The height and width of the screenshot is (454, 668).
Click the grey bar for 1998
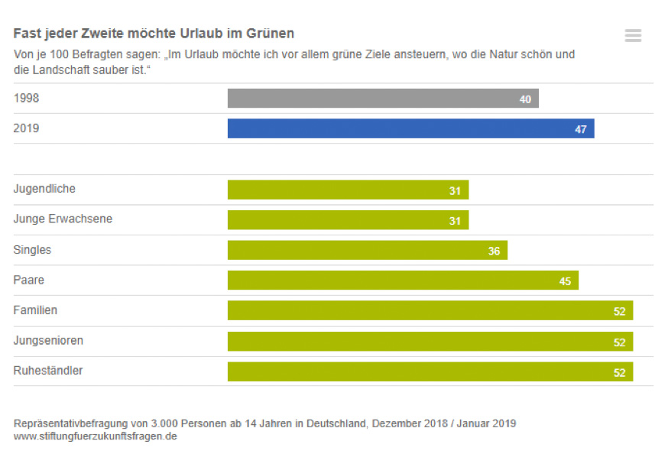(382, 99)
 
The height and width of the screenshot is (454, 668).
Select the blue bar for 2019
(410, 128)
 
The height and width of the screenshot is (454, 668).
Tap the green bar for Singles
(367, 250)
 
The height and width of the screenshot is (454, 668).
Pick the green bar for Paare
(402, 281)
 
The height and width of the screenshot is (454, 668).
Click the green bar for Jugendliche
(348, 190)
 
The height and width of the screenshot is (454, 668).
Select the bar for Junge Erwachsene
(348, 220)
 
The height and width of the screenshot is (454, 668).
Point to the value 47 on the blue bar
(581, 129)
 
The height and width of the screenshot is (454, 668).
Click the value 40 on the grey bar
(525, 99)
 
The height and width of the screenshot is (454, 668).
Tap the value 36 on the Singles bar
(494, 251)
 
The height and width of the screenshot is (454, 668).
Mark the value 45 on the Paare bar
(565, 281)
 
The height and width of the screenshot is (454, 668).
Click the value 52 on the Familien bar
(619, 312)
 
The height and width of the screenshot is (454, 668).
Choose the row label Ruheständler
(48, 371)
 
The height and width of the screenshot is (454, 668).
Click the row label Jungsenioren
(48, 340)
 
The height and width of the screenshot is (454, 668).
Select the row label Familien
(35, 310)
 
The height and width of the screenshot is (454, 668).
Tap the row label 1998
(26, 99)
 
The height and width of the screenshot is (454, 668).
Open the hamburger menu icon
(633, 36)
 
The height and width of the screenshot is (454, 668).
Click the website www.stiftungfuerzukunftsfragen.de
(96, 436)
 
